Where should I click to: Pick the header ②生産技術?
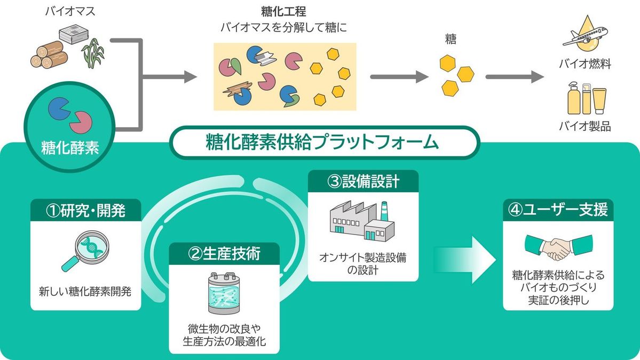tap(224, 254)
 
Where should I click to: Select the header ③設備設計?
tap(363, 181)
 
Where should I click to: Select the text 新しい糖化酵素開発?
tap(85, 292)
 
